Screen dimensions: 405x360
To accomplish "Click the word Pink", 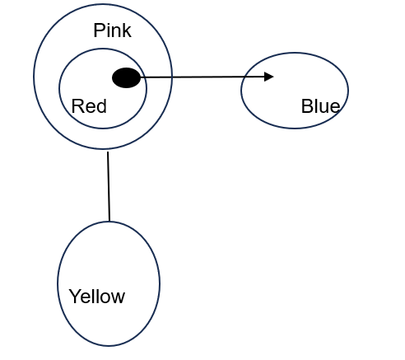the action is [112, 30].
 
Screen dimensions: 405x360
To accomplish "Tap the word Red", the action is [89, 106].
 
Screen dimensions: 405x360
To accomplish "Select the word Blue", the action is [320, 106].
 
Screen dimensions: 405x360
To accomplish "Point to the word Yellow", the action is [97, 297].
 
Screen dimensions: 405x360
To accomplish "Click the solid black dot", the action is [126, 77].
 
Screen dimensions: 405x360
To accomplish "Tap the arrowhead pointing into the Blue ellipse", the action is [269, 77].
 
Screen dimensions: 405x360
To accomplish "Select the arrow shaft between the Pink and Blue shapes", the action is [202, 77].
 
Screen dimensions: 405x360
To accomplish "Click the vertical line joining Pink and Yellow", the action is [109, 186].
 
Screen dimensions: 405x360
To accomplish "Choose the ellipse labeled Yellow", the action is [58, 283].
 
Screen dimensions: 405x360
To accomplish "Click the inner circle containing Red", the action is [58, 88].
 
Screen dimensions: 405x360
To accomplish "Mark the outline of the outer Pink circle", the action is [34, 77].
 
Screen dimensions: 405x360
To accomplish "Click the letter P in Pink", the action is [99, 30].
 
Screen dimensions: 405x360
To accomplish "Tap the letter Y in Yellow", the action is [75, 297].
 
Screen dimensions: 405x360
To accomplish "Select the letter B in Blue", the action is [306, 106].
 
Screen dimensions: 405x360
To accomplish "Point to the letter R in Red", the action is [77, 106].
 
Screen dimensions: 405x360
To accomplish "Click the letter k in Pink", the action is [127, 30].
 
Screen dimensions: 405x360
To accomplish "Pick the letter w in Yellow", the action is [118, 298].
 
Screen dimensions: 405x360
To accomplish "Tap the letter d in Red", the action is [101, 106].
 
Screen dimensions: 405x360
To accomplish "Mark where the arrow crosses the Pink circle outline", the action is [172, 77].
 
